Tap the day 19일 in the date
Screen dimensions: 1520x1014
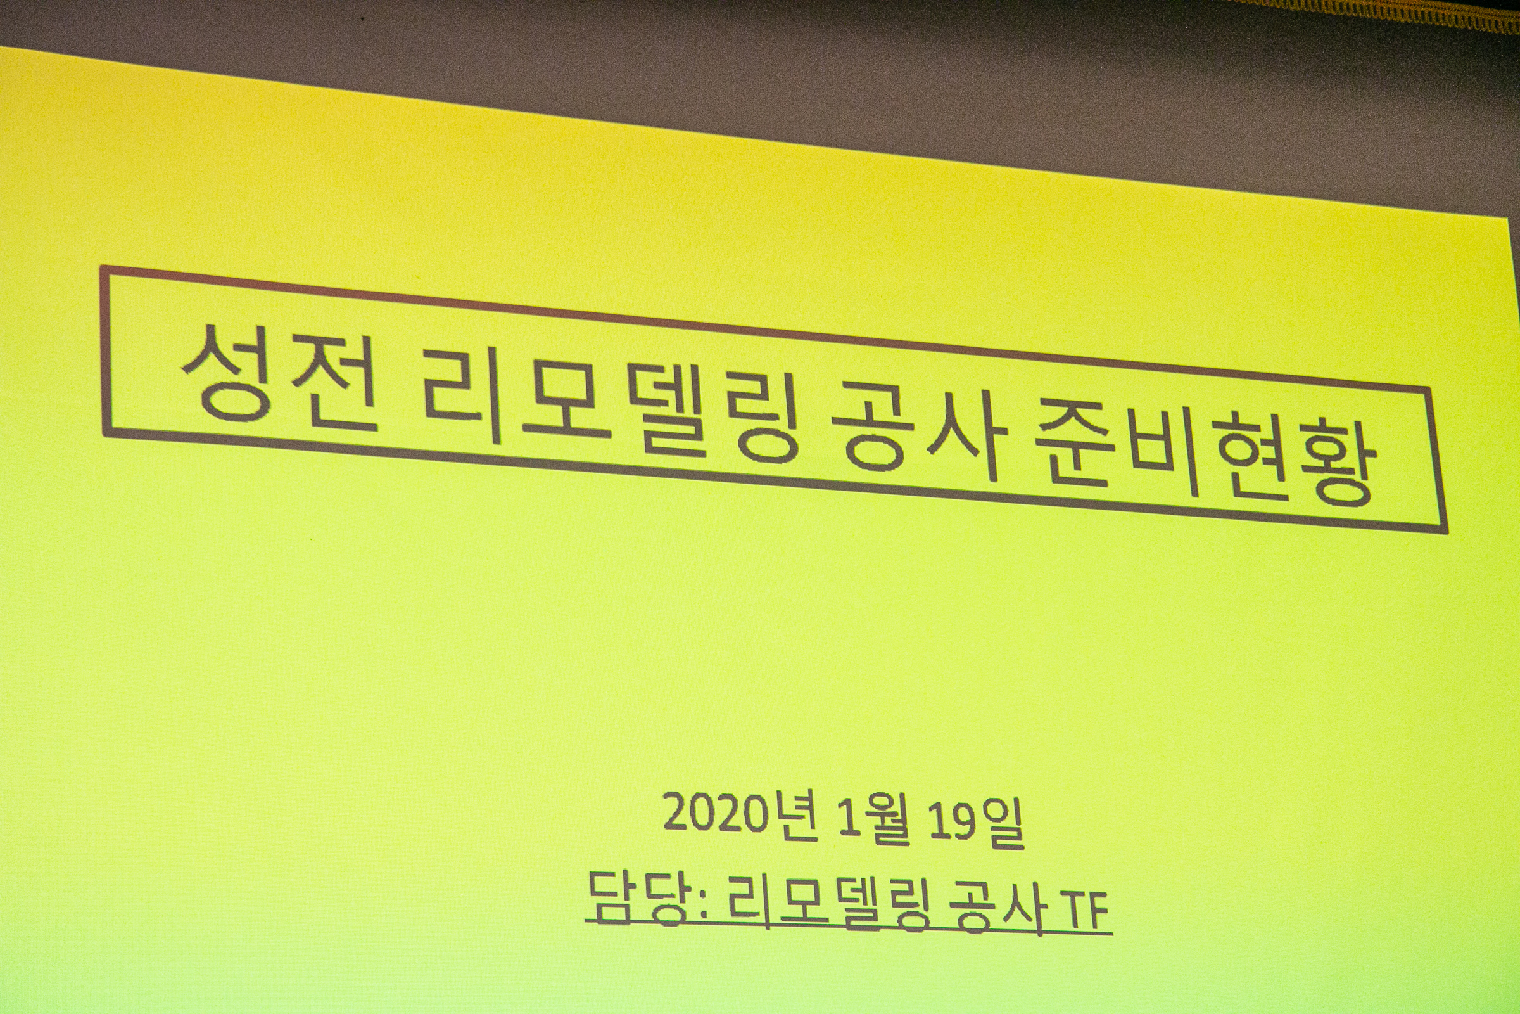click(x=976, y=824)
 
